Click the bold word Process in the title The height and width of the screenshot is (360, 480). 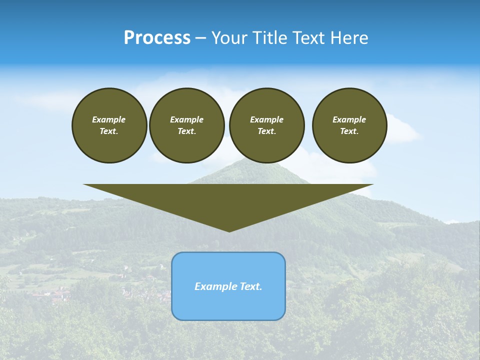coord(157,38)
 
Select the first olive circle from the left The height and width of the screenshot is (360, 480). coord(109,125)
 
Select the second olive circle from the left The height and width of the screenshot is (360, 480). coord(187,125)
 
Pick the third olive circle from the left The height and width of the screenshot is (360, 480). coord(267,125)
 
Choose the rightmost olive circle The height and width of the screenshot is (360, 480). coord(349,125)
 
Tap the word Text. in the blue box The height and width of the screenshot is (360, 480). coord(250,286)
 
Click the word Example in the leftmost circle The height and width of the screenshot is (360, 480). coord(109,120)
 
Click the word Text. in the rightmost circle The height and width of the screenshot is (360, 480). coord(349,131)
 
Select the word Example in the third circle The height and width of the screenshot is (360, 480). coord(267,120)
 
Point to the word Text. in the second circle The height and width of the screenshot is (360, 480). coord(187,131)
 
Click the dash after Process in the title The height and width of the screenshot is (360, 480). coord(200,38)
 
